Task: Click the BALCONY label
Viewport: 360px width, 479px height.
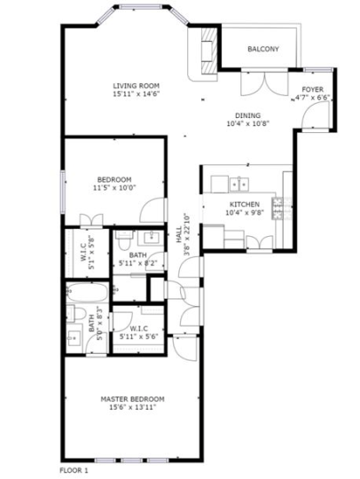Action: [x=263, y=49]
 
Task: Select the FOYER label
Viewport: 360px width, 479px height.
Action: [x=312, y=90]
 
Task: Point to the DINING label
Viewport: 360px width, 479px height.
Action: [x=247, y=115]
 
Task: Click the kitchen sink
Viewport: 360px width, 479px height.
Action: [x=237, y=185]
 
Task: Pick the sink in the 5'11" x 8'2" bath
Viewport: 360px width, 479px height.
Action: [x=150, y=237]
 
